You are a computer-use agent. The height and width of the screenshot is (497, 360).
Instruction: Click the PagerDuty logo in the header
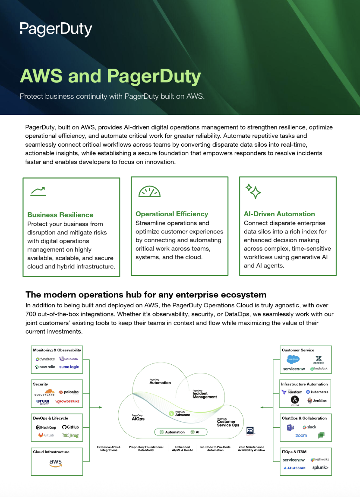pos(56,29)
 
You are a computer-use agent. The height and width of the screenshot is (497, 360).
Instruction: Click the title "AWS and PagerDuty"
pos(110,76)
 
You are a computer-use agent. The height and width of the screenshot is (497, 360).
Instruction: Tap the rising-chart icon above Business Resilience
pos(39,191)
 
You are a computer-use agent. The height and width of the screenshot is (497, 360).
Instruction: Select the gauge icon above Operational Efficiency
pos(150,191)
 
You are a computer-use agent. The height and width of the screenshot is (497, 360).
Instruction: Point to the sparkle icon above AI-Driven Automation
pos(253,191)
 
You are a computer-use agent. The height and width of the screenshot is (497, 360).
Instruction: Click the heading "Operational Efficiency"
pos(172,214)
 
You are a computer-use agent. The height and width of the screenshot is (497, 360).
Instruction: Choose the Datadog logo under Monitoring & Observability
pos(69,359)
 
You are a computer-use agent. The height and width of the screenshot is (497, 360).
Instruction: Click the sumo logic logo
pos(69,367)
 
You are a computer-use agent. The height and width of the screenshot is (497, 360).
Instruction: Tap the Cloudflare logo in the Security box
pos(45,392)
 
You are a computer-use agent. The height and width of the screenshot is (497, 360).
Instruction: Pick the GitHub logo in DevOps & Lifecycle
pos(70,427)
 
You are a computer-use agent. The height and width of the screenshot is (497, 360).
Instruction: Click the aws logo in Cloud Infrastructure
pos(56,463)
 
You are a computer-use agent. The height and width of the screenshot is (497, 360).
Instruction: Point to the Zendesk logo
pos(319,360)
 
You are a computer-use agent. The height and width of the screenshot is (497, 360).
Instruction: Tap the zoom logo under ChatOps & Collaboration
pos(301,435)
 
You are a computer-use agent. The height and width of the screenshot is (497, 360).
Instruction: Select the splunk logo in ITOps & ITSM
pos(320,468)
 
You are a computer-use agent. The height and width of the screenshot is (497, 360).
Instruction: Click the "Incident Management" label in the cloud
pos(205,395)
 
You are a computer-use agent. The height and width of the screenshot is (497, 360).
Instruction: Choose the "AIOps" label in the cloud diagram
pos(138,418)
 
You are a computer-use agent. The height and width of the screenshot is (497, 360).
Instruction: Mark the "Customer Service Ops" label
pos(228,423)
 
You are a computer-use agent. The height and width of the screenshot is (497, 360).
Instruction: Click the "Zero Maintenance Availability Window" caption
pos(251,448)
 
